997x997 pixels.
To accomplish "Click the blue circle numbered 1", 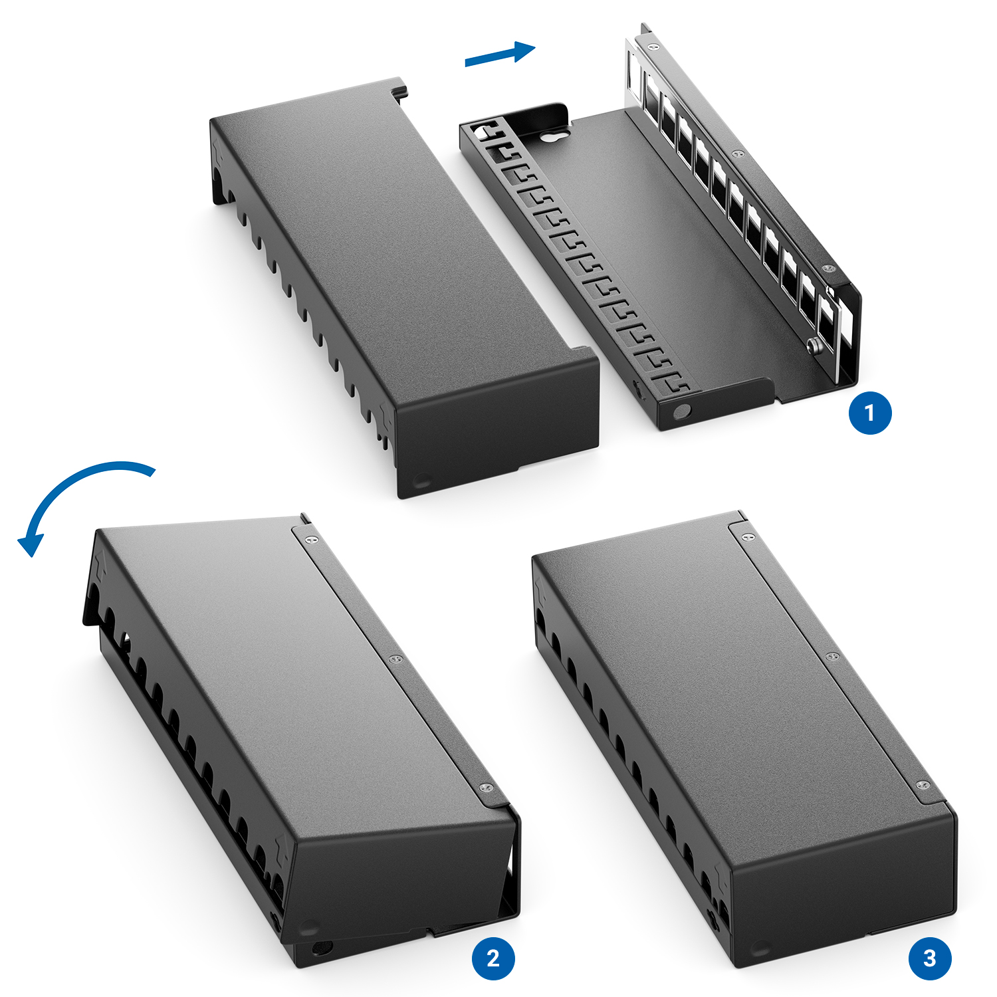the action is [869, 413].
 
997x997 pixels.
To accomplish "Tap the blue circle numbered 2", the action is [493, 958].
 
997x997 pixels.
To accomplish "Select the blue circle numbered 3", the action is [929, 958].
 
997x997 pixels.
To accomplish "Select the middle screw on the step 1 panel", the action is [737, 154].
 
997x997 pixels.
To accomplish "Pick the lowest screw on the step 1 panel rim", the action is [828, 269].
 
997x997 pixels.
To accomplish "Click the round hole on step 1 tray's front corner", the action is [681, 412].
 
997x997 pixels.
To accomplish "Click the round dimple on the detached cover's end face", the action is [421, 479].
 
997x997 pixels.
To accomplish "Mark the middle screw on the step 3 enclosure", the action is [831, 657].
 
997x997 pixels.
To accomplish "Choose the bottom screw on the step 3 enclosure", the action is [923, 786].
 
